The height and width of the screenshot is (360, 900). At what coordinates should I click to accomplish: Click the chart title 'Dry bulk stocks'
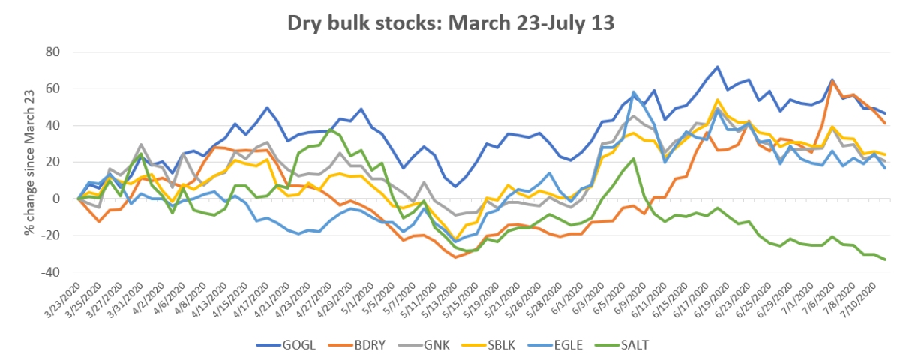point(451,22)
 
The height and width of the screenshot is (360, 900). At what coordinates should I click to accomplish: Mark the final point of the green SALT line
point(885,259)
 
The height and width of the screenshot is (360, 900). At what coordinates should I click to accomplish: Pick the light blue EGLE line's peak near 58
point(634,92)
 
